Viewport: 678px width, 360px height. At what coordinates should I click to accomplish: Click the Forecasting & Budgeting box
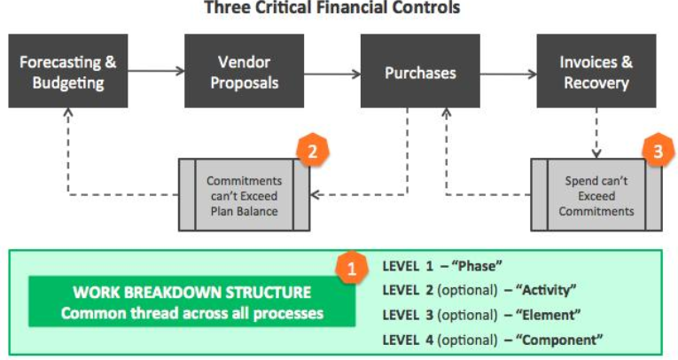pos(68,71)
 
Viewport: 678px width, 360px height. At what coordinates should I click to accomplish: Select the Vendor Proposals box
pos(245,71)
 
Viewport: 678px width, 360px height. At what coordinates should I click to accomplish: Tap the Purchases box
pos(420,71)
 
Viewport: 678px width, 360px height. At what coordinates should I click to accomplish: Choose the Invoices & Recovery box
pos(596,71)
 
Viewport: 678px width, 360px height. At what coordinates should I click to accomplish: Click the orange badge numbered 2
pos(312,151)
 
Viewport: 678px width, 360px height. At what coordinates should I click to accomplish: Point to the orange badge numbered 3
pos(659,151)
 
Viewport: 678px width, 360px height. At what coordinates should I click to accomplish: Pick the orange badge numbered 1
pos(352,269)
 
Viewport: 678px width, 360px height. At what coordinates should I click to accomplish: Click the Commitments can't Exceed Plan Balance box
pos(245,195)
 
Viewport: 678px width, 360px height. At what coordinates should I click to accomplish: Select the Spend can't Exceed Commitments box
pos(596,195)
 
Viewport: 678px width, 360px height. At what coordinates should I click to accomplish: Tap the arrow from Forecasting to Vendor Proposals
pos(156,71)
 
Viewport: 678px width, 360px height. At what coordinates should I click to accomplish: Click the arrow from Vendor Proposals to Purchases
pos(332,74)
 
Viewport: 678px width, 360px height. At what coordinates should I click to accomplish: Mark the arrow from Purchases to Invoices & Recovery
pos(508,74)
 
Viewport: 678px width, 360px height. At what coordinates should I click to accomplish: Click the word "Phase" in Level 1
pos(477,265)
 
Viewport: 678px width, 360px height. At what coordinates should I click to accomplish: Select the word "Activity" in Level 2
pos(546,289)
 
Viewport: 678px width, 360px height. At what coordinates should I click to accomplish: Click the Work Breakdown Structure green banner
pos(192,301)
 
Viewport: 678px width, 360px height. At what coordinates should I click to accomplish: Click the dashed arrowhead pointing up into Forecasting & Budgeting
pos(68,113)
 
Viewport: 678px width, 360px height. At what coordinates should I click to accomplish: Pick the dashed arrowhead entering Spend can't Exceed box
pos(596,153)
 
